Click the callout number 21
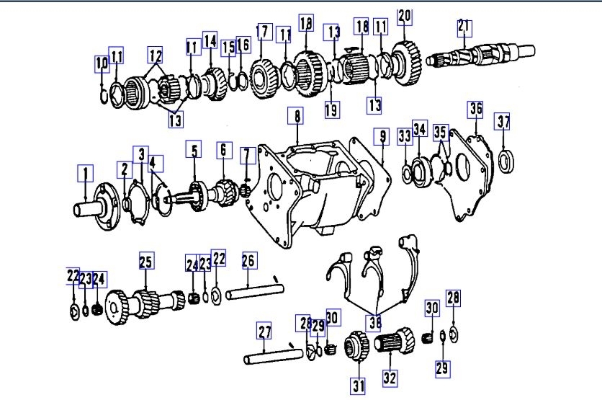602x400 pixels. (x=464, y=27)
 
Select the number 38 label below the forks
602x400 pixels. (x=374, y=322)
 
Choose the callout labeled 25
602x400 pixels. (x=146, y=262)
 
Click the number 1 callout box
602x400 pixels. (x=86, y=174)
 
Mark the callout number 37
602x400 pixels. (x=503, y=121)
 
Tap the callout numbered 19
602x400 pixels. (x=331, y=110)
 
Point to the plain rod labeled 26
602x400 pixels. (x=256, y=293)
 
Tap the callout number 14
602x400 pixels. (x=210, y=40)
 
